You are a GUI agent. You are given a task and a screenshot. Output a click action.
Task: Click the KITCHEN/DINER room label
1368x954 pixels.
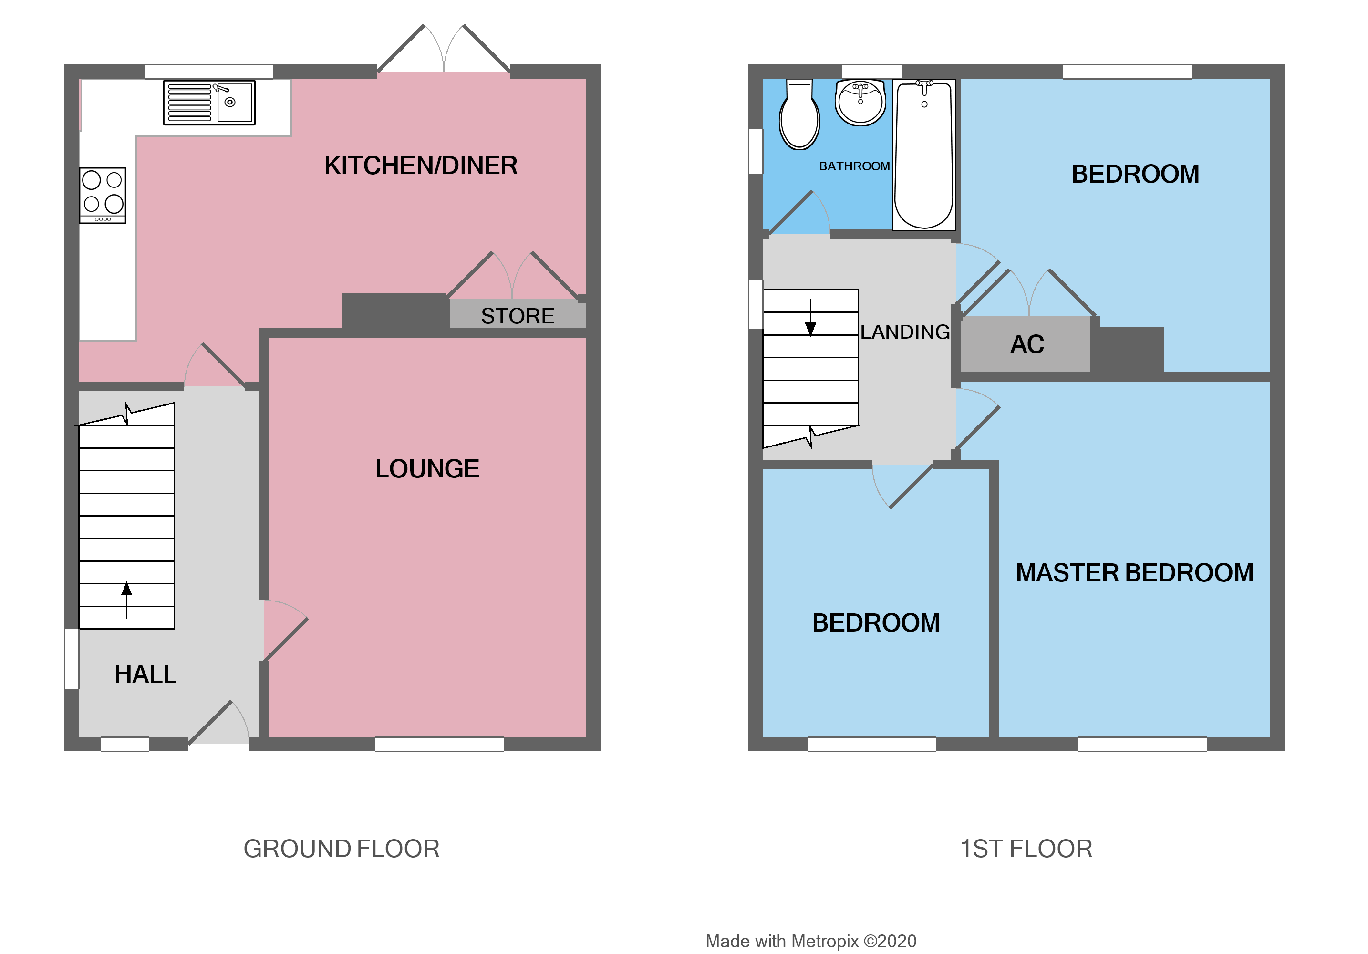(421, 166)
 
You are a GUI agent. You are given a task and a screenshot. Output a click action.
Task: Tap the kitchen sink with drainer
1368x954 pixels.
(209, 103)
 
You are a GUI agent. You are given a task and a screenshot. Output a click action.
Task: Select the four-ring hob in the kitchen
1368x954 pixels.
(103, 195)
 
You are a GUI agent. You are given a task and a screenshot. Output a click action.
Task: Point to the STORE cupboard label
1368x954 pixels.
(517, 316)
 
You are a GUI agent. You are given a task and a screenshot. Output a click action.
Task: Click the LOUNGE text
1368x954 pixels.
(426, 469)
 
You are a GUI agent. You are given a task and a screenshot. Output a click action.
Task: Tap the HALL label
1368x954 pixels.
(145, 674)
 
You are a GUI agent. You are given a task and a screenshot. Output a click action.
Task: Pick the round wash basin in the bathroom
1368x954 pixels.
(860, 103)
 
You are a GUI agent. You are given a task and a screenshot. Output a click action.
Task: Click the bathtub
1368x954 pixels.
(923, 155)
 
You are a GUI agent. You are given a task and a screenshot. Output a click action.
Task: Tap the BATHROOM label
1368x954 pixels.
(854, 166)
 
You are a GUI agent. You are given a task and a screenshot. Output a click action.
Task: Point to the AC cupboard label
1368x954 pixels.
(1026, 344)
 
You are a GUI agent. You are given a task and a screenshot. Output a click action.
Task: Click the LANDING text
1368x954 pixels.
(904, 332)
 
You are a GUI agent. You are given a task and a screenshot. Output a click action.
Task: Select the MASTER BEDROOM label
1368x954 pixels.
(1134, 572)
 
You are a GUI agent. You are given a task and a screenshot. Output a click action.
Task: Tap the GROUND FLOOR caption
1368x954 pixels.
(342, 849)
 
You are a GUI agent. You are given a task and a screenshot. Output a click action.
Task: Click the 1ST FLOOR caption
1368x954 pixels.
(1026, 849)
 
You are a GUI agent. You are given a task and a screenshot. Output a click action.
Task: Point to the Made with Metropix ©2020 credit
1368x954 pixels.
(810, 941)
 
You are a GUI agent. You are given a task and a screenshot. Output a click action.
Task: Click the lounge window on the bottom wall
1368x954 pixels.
(440, 744)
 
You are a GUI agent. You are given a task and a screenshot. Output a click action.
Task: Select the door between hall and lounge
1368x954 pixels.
(285, 632)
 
